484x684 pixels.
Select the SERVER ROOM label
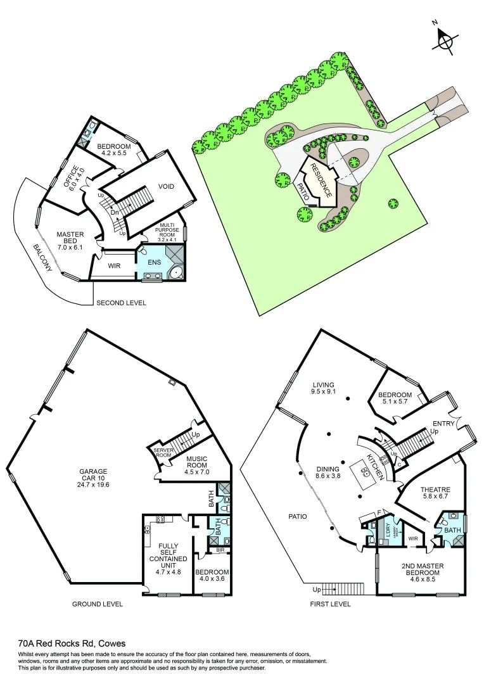(163, 452)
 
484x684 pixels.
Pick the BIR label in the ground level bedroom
(220, 550)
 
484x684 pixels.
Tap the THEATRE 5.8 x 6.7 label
(435, 493)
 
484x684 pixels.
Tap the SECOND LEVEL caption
(121, 303)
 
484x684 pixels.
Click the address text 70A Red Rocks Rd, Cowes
(72, 643)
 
